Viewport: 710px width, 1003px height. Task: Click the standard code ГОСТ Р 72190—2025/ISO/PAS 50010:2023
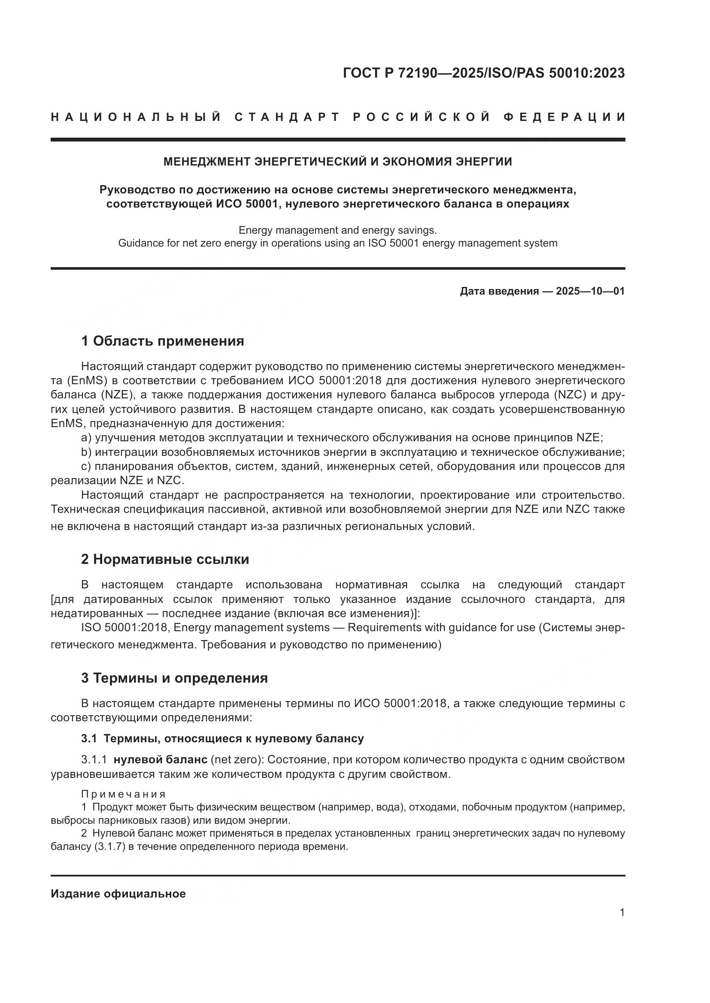click(x=483, y=73)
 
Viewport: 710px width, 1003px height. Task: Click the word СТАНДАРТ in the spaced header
click(x=287, y=117)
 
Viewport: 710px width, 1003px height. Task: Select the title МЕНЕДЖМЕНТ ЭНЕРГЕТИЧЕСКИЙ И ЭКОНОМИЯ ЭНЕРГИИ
click(x=337, y=162)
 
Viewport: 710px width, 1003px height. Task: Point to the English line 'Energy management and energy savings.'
click(x=337, y=230)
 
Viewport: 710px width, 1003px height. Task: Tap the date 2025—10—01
click(x=590, y=291)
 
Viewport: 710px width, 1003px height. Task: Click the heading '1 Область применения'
click(x=162, y=341)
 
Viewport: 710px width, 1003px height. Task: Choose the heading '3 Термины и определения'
click(x=174, y=678)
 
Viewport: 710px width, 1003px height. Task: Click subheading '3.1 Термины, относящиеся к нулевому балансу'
click(x=222, y=738)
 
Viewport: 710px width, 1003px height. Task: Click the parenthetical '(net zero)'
click(x=237, y=760)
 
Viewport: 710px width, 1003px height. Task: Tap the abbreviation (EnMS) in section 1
click(x=87, y=380)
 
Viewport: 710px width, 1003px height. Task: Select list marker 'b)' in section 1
click(x=86, y=452)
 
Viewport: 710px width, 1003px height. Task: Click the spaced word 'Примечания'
click(x=123, y=794)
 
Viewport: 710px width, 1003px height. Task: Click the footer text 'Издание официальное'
click(x=118, y=894)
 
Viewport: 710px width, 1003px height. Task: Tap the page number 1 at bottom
click(x=622, y=913)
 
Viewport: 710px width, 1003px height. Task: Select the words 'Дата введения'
click(x=499, y=291)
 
